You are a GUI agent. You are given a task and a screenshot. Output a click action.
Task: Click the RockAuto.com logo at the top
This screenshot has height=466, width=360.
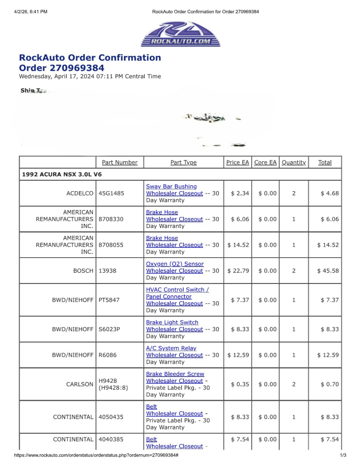point(180,34)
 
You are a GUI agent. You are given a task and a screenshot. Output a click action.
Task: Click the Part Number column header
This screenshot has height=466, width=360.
point(120,162)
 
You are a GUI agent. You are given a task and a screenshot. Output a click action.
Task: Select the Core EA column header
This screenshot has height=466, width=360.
point(265,162)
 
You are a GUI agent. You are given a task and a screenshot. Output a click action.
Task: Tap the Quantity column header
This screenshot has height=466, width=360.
point(294,162)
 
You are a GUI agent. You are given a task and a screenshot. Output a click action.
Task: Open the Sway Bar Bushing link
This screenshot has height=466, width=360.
point(171,187)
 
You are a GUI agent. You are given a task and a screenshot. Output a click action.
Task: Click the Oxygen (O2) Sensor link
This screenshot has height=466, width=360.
point(175,264)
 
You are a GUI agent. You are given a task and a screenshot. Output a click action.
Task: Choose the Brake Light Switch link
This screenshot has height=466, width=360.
point(172,322)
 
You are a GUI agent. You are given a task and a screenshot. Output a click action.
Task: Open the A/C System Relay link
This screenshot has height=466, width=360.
point(171,348)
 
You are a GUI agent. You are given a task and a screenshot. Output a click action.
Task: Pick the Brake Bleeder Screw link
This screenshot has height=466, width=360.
point(175,374)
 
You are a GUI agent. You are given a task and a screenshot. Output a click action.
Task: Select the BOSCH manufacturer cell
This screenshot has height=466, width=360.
point(83,271)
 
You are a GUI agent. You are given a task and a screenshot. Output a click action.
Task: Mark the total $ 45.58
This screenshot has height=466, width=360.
point(328,271)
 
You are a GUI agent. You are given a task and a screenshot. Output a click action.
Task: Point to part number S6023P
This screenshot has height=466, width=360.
point(109,329)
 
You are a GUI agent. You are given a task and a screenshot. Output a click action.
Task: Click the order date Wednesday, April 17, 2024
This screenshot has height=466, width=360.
point(90,76)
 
